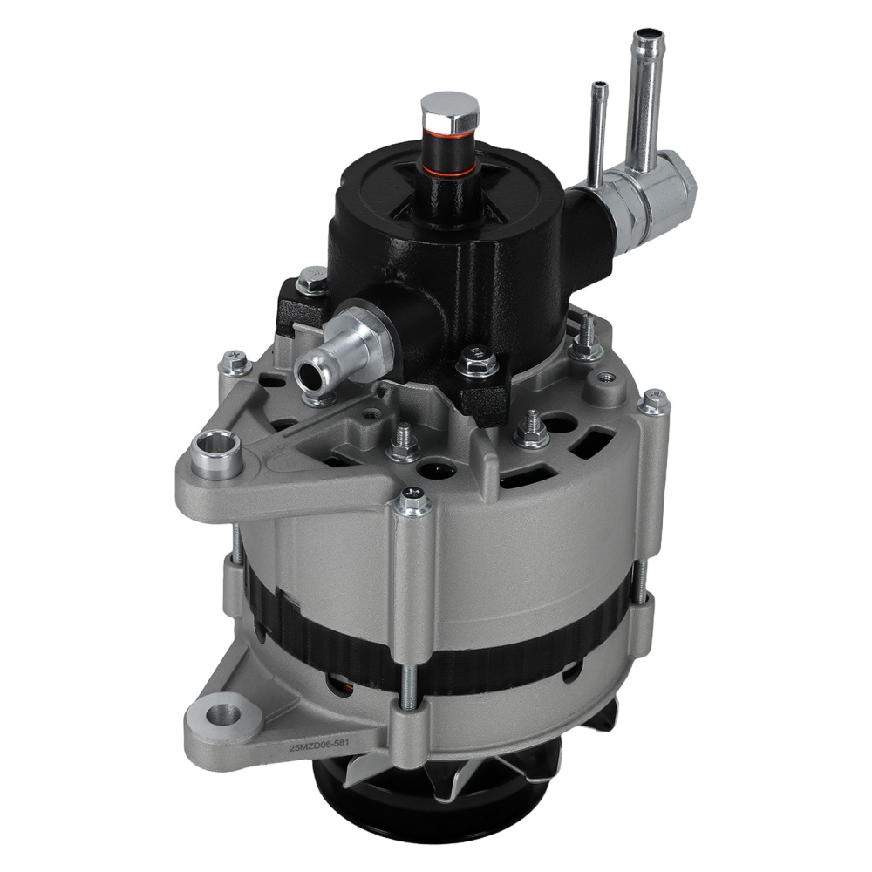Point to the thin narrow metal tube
(x=598, y=131)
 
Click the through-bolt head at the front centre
(x=413, y=501)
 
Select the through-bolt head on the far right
(x=654, y=401)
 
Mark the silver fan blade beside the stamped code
(x=453, y=767)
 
